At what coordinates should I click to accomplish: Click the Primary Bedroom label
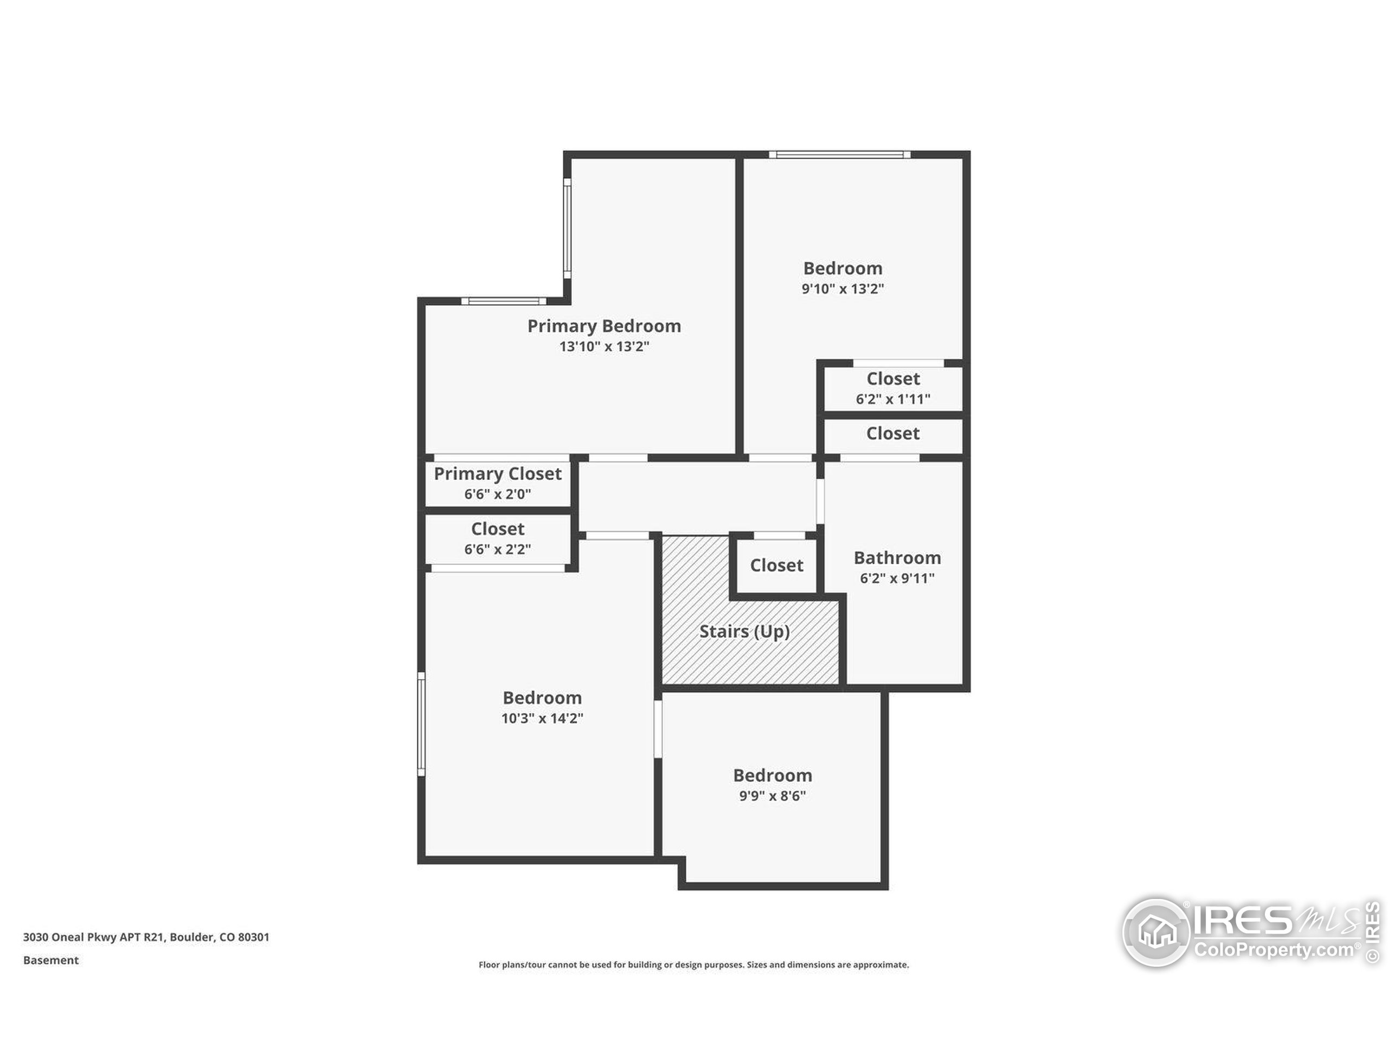(x=603, y=326)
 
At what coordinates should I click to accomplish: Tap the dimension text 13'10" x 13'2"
(x=603, y=346)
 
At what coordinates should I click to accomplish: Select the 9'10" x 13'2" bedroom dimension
(x=842, y=288)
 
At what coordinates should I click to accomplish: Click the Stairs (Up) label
(x=744, y=631)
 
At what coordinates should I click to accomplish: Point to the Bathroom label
(x=897, y=558)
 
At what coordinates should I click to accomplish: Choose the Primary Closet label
(x=498, y=474)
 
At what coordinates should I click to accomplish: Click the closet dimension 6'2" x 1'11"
(x=892, y=399)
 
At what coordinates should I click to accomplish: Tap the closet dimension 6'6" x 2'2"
(x=498, y=550)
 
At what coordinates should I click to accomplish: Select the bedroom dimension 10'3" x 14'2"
(x=542, y=718)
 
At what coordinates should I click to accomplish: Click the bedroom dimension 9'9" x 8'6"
(x=772, y=795)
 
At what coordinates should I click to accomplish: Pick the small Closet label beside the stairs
(x=776, y=566)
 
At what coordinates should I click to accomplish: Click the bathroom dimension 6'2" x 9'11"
(x=897, y=579)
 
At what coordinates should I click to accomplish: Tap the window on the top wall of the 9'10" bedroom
(x=839, y=155)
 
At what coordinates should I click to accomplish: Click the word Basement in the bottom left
(x=51, y=960)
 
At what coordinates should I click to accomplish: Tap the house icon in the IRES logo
(x=1156, y=932)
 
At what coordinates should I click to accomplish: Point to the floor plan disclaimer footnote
(x=693, y=965)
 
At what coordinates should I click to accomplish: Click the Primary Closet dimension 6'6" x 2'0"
(x=498, y=494)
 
